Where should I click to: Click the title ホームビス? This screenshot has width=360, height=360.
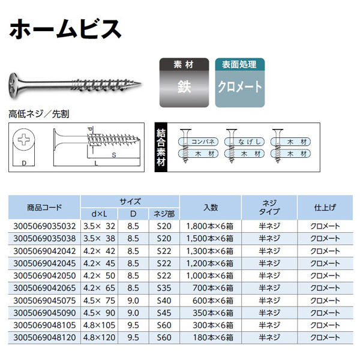coord(65,29)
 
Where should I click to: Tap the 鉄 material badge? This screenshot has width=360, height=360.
coord(184,83)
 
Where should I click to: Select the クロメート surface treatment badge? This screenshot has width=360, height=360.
coord(240,83)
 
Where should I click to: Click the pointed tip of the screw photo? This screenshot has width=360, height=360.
coord(140,83)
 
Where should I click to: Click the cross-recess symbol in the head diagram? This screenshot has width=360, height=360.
coord(23,139)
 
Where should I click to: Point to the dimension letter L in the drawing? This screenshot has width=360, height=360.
coord(96,163)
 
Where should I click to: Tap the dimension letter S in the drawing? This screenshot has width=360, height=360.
coord(114,155)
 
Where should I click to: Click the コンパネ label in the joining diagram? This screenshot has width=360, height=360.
coord(203,142)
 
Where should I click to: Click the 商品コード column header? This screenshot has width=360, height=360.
coord(44,208)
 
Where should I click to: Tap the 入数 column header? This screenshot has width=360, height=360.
coord(211,208)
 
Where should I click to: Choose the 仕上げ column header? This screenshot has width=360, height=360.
coord(325,208)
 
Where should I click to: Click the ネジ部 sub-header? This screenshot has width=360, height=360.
coord(164,214)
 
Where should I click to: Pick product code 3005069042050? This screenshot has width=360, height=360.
coord(44,275)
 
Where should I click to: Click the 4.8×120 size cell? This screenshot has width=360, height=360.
coord(99,337)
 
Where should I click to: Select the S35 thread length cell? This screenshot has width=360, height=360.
coord(164,288)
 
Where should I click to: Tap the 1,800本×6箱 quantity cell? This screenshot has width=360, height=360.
coord(210,226)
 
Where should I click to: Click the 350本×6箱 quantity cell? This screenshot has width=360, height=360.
coord(213,313)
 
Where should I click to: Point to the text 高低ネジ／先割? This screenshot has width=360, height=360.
coord(39,114)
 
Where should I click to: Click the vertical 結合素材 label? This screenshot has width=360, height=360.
coord(161,148)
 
